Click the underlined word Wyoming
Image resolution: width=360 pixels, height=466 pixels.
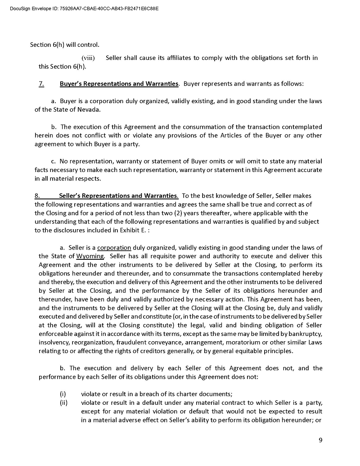[x=90, y=256]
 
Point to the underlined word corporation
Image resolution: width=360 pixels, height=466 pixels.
[x=114, y=248]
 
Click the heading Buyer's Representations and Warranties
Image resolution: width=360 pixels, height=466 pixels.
[x=119, y=84]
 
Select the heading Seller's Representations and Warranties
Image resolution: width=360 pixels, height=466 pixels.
[x=118, y=196]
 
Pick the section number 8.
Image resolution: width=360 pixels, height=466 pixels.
[x=36, y=196]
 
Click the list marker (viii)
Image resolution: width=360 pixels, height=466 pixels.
[x=88, y=58]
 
